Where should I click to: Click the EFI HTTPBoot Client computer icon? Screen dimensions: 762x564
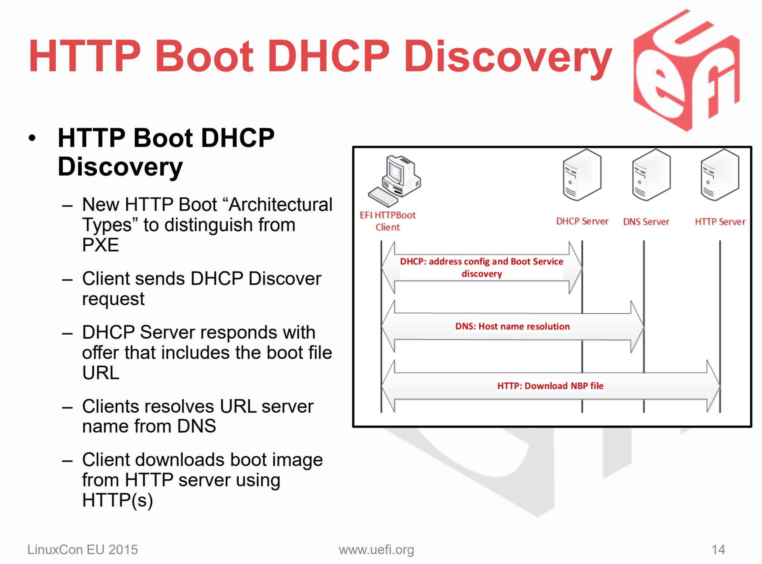click(394, 181)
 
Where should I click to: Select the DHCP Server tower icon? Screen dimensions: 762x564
click(582, 175)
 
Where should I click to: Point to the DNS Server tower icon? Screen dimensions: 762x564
click(651, 175)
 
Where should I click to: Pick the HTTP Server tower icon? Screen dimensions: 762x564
click(720, 175)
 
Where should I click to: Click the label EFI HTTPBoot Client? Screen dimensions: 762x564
click(388, 221)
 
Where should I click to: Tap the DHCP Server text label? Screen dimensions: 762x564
click(582, 221)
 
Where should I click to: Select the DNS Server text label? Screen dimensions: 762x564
click(646, 222)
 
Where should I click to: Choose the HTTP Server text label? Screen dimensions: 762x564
click(720, 222)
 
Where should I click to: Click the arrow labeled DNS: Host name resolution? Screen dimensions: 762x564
click(513, 326)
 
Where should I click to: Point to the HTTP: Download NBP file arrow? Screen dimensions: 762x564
click(551, 386)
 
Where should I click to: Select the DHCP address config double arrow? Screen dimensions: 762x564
click(481, 267)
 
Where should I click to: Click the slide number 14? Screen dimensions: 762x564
click(718, 550)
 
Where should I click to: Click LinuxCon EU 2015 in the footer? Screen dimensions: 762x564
click(83, 550)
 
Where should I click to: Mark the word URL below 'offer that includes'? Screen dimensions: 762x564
click(101, 373)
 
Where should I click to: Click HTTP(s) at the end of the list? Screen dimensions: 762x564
click(117, 500)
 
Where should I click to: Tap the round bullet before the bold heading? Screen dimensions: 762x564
click(32, 138)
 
